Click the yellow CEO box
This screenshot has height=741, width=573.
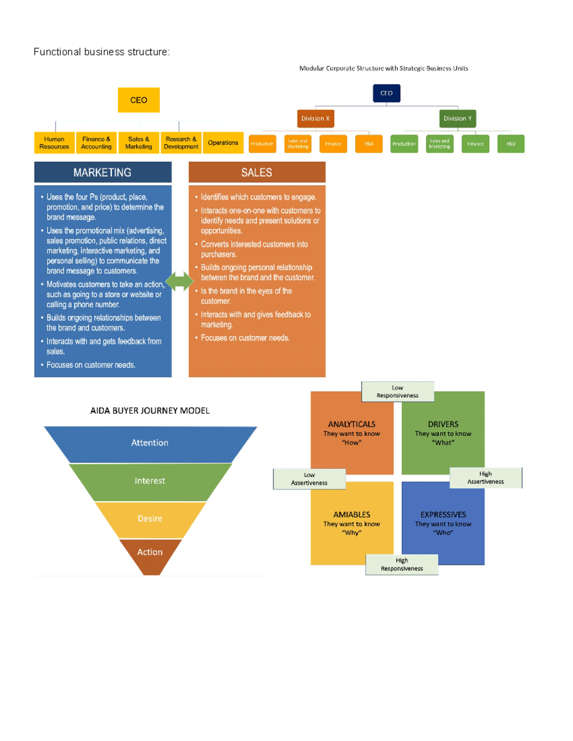pos(138,100)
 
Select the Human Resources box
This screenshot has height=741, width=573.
pos(54,143)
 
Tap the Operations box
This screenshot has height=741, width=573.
pos(223,143)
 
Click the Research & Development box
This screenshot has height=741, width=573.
pos(181,143)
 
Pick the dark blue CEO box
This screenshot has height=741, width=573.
pos(386,93)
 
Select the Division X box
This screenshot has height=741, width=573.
pos(315,118)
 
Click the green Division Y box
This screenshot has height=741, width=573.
pos(457,118)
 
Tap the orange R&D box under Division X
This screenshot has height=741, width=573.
pos(369,144)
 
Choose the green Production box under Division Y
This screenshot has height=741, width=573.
pos(404,144)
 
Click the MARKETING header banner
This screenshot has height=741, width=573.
pos(103,172)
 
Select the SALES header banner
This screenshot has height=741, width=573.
pos(257,172)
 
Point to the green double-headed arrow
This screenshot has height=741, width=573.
pos(180,281)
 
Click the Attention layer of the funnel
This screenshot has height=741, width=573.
pos(150,443)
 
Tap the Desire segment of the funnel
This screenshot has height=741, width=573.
pos(150,519)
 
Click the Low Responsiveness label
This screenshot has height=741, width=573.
pos(397,391)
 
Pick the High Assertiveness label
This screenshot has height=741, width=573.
pos(486,478)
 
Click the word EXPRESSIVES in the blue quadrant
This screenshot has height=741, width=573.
pos(443,514)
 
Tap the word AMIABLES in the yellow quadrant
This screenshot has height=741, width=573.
pos(351,514)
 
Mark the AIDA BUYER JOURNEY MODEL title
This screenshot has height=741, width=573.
pos(150,410)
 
